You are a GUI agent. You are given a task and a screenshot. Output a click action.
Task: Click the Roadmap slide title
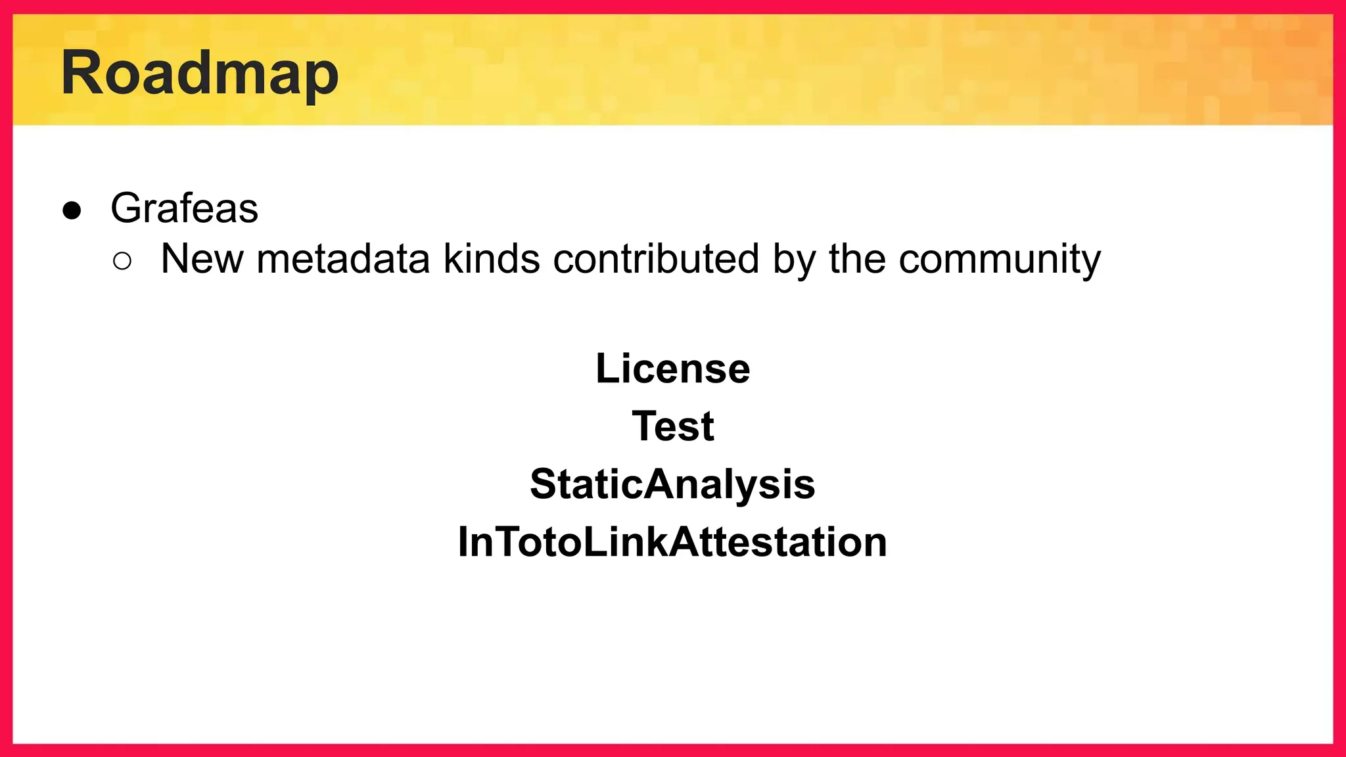200,74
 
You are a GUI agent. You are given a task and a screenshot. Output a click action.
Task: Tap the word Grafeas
184,208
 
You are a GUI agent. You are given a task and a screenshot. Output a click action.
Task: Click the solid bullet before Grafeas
72,210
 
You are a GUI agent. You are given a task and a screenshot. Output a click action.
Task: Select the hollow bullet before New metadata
122,262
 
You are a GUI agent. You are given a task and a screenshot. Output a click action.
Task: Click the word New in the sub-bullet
202,259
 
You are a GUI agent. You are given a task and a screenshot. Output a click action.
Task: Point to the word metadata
342,259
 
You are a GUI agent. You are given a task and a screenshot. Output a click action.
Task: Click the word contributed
656,259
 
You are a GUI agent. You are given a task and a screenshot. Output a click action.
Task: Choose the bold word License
672,369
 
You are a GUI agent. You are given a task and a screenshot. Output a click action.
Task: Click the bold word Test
672,426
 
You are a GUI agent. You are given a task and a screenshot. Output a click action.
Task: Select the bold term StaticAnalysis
672,485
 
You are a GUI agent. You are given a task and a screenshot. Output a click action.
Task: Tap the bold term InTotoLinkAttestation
672,542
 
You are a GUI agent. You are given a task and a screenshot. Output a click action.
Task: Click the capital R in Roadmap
83,73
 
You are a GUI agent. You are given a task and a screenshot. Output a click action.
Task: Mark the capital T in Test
645,426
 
